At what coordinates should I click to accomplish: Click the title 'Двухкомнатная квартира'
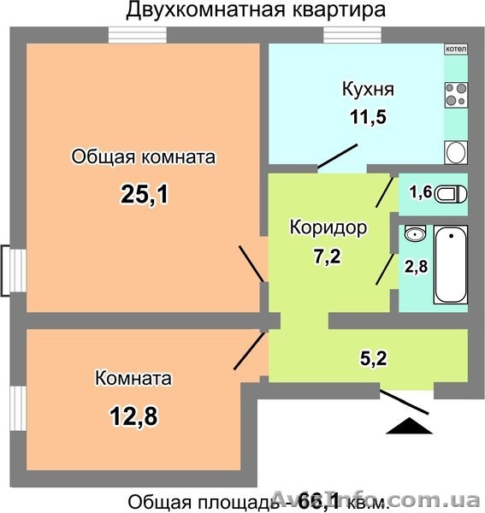pyautogui.click(x=243, y=10)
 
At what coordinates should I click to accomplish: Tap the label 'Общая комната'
pyautogui.click(x=143, y=157)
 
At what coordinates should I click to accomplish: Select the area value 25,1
pyautogui.click(x=143, y=195)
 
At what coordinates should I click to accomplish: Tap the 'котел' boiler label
pyautogui.click(x=456, y=49)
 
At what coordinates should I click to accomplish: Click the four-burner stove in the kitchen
pyautogui.click(x=456, y=93)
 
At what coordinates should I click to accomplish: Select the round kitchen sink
pyautogui.click(x=456, y=152)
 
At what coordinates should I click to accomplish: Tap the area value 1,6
pyautogui.click(x=420, y=192)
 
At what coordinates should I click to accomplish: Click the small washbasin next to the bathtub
pyautogui.click(x=415, y=234)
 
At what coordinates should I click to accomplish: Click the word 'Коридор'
pyautogui.click(x=328, y=228)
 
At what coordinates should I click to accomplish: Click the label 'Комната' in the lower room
pyautogui.click(x=133, y=378)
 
